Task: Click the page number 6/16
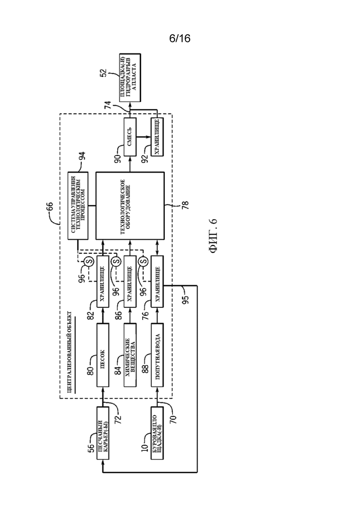180,39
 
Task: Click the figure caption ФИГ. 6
213,236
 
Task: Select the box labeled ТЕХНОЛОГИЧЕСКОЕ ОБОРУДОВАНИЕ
130,206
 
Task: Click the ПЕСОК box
102,355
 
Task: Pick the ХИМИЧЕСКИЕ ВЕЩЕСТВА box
130,355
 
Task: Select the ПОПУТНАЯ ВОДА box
157,355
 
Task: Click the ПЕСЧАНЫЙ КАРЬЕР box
102,433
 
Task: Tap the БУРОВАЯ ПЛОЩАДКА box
157,433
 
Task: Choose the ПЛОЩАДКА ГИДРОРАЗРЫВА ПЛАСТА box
130,78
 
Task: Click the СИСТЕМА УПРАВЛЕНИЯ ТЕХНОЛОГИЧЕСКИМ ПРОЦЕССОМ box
78,206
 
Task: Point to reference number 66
49,207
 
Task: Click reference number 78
185,205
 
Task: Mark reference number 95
186,298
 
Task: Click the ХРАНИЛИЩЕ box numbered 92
157,136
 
